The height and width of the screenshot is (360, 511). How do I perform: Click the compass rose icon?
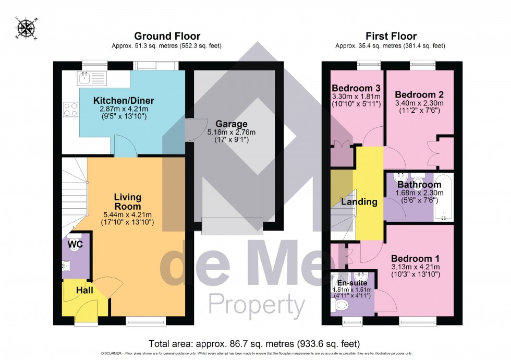pos(22,29)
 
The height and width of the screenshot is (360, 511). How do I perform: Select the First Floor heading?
pos(390,36)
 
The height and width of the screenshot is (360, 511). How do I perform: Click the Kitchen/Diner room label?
pos(117,101)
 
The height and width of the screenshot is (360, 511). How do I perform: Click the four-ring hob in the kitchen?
pos(70,110)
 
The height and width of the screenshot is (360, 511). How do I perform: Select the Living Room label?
pos(128,201)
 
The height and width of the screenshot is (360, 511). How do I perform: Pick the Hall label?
pos(84,290)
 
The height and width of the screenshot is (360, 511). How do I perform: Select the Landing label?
pos(359,202)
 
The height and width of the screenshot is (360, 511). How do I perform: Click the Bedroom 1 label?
pos(415,258)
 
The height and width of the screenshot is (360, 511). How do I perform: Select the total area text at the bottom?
pos(254,344)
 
